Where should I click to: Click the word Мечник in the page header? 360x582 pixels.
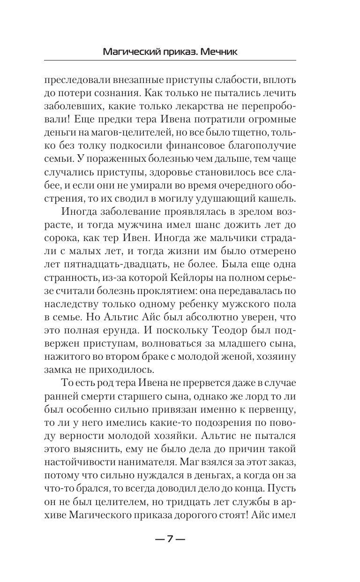pyautogui.click(x=216, y=51)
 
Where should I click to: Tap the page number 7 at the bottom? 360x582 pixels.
pyautogui.click(x=171, y=539)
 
